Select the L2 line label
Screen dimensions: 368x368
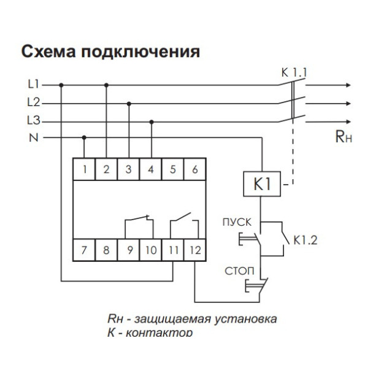(x=35, y=102)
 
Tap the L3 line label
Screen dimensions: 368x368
(x=35, y=120)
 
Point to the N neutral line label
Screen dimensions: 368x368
(x=33, y=138)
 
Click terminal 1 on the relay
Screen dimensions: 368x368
(x=84, y=169)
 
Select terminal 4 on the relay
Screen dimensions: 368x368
(x=151, y=169)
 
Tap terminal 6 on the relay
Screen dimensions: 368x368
(x=195, y=169)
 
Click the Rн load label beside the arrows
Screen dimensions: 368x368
(x=343, y=138)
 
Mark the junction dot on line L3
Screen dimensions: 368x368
(x=151, y=121)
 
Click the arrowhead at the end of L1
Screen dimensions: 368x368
(x=350, y=85)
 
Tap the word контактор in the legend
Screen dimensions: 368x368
(x=160, y=332)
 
